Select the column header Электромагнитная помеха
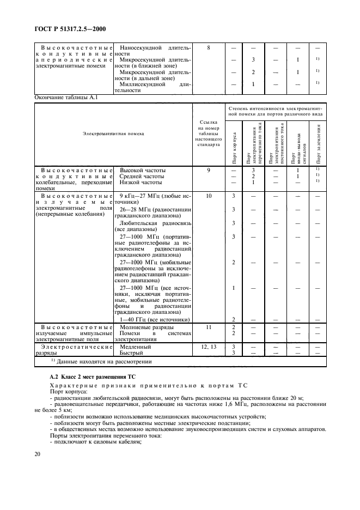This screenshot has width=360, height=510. coord(113,133)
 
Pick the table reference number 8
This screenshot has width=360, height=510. coord(209,48)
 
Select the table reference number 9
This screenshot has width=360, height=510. coord(209,171)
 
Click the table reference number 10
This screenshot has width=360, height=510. coord(209,195)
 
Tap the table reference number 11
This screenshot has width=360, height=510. coord(209,326)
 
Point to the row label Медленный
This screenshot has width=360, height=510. coord(136,347)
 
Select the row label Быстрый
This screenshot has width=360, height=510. coord(133,353)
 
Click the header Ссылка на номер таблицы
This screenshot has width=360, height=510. coord(209,133)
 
